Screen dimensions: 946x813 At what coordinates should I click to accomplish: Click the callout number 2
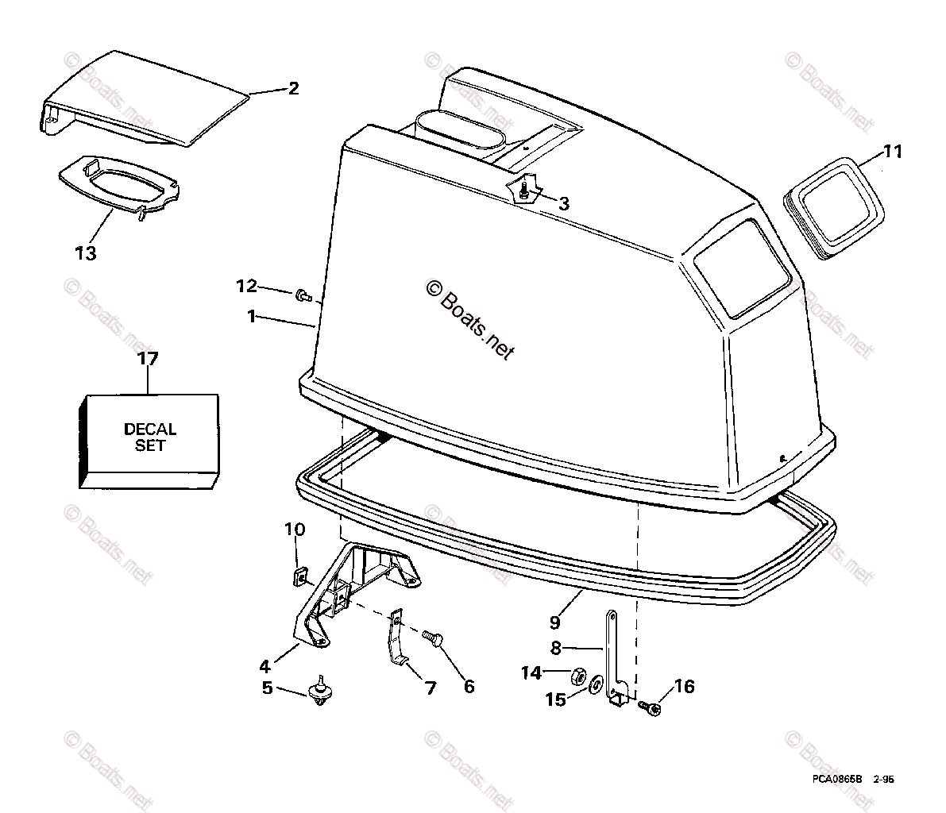(x=293, y=88)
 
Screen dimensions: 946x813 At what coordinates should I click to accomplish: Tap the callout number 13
(x=85, y=253)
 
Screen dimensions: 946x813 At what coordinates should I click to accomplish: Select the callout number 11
(x=893, y=151)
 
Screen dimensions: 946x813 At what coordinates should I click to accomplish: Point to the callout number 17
(x=148, y=359)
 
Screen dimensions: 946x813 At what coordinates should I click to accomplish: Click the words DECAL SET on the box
(x=150, y=437)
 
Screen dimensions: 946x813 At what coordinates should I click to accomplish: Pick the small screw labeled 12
(x=302, y=296)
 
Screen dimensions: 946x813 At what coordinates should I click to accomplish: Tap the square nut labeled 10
(x=299, y=573)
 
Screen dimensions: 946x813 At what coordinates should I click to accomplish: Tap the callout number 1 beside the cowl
(x=251, y=316)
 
